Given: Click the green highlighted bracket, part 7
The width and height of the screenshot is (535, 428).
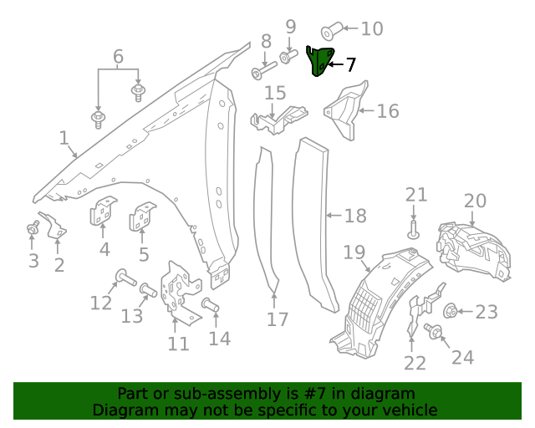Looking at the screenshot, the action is pos(319,61).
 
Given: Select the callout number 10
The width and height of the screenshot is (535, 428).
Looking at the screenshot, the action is pos(372,28).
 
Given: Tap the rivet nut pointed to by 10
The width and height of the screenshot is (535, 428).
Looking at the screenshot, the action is pos(332,31).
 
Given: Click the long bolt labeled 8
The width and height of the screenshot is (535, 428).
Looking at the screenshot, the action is pos(263,70).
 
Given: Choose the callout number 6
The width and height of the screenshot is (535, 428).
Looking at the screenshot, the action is pos(118,56).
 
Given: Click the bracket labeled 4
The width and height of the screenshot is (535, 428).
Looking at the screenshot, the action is pos(103,211).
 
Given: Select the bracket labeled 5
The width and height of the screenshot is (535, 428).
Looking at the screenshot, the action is pos(142,216).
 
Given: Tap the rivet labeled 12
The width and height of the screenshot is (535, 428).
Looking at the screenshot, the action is pos(126,278).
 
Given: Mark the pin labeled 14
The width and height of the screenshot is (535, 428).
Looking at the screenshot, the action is pos(210,304).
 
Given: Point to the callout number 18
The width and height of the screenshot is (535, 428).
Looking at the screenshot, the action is pos(356,216).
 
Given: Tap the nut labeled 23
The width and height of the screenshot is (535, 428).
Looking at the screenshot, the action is pos(450,311).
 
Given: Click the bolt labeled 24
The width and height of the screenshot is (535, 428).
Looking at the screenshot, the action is pos(433,331).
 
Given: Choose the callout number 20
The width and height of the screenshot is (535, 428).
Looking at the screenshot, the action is pos(475,201).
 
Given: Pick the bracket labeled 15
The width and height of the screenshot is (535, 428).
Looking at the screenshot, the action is pos(278,120).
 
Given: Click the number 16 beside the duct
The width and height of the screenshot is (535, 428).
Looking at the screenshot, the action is pos(388,111).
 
